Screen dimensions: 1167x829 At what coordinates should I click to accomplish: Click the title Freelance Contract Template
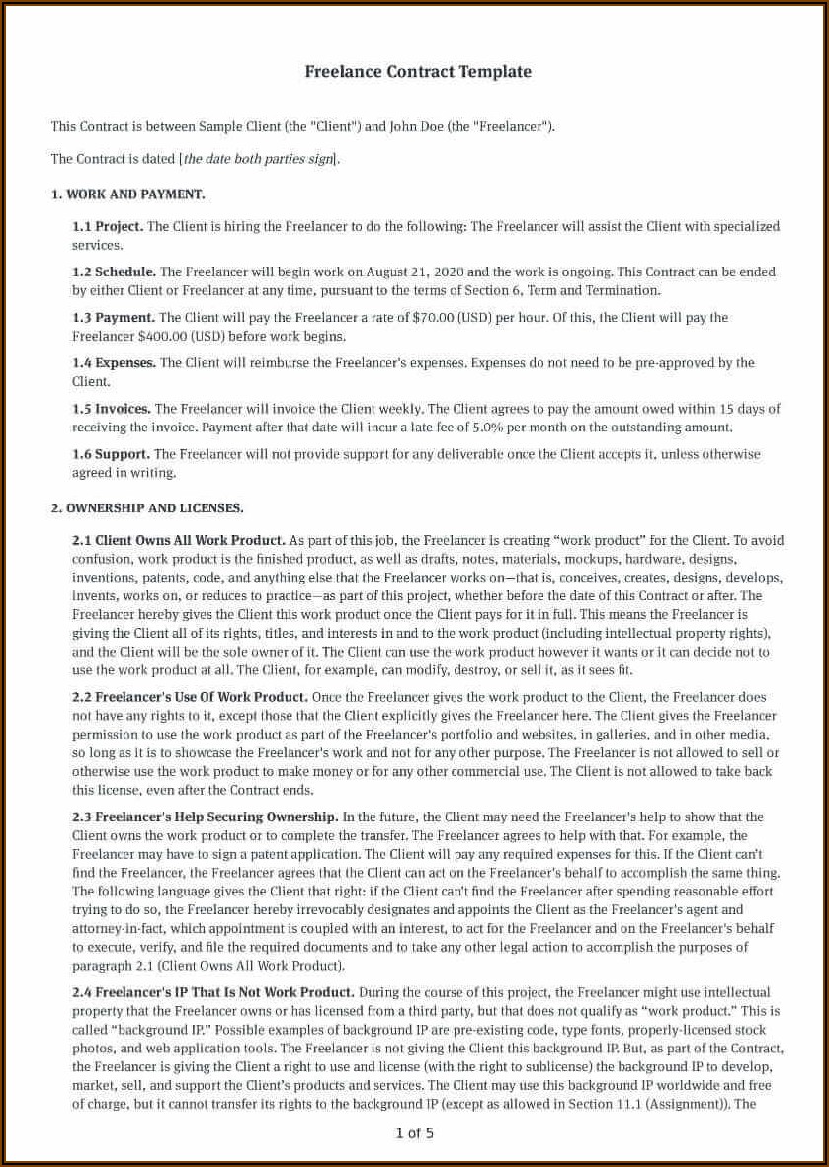pos(418,72)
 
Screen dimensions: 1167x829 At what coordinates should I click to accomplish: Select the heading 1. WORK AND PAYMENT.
pos(127,194)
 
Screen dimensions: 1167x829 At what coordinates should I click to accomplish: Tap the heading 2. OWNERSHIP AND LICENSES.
pos(147,508)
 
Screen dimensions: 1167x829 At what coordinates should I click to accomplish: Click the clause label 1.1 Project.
pos(108,227)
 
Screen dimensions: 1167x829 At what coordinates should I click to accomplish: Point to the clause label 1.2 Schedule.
pos(114,272)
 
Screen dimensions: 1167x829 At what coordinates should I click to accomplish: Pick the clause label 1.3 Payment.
pos(114,318)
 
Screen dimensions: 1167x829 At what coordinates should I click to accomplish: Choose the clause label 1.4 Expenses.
pos(114,363)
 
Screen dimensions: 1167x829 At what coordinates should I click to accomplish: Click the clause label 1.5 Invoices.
pos(112,409)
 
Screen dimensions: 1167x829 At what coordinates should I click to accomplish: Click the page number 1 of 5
pos(414,1133)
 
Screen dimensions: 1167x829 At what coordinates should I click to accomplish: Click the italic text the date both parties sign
pos(258,159)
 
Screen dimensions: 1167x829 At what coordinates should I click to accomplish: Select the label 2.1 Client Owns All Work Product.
pos(179,541)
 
